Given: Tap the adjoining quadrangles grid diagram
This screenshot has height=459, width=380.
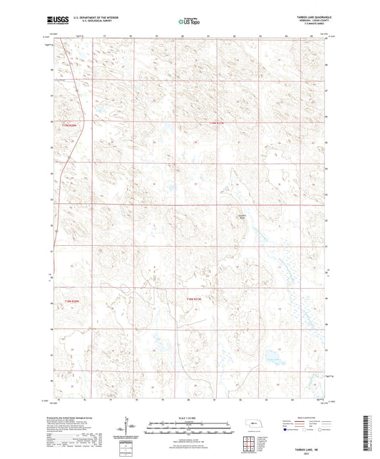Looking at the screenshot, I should coord(251,443).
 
